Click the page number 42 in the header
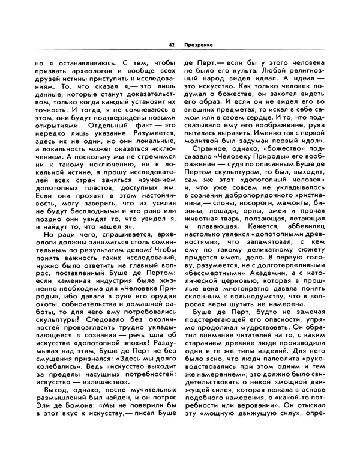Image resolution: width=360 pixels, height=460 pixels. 172,44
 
